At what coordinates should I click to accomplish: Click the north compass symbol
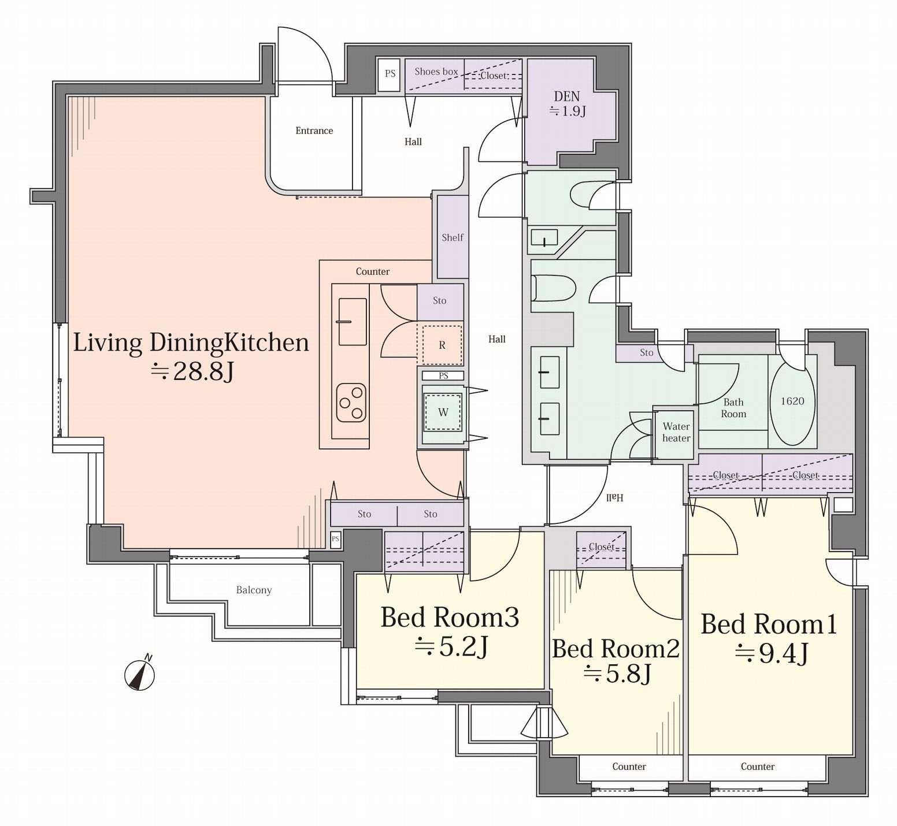coord(140,674)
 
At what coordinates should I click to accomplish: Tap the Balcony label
coord(254,590)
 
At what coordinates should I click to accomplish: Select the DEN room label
coord(567,96)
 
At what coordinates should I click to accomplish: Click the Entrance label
coord(314,131)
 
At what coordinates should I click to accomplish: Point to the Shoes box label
coord(436,72)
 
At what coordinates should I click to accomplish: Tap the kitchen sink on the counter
coord(352,321)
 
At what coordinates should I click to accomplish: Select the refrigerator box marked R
coord(442,345)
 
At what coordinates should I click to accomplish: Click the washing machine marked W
coord(443,412)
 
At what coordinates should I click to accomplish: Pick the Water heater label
coord(676,432)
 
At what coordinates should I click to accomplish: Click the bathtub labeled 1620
coord(792,401)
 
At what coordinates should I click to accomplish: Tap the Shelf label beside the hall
coord(453,237)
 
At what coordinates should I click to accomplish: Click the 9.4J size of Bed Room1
coord(771,653)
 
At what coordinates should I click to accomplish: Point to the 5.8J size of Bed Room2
coord(618,674)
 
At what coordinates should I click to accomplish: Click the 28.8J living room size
coord(192,371)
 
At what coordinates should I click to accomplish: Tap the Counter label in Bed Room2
coord(629,767)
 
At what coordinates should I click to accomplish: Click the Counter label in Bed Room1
coord(758,767)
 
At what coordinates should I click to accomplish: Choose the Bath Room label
coord(733,408)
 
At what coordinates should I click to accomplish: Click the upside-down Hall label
coord(614,497)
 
